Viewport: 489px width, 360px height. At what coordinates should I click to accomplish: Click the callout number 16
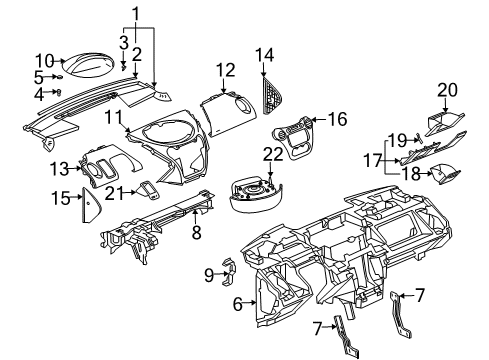[337, 119]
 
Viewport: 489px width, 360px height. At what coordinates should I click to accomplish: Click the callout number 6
[237, 303]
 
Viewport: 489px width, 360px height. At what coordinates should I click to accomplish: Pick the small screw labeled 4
[60, 91]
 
